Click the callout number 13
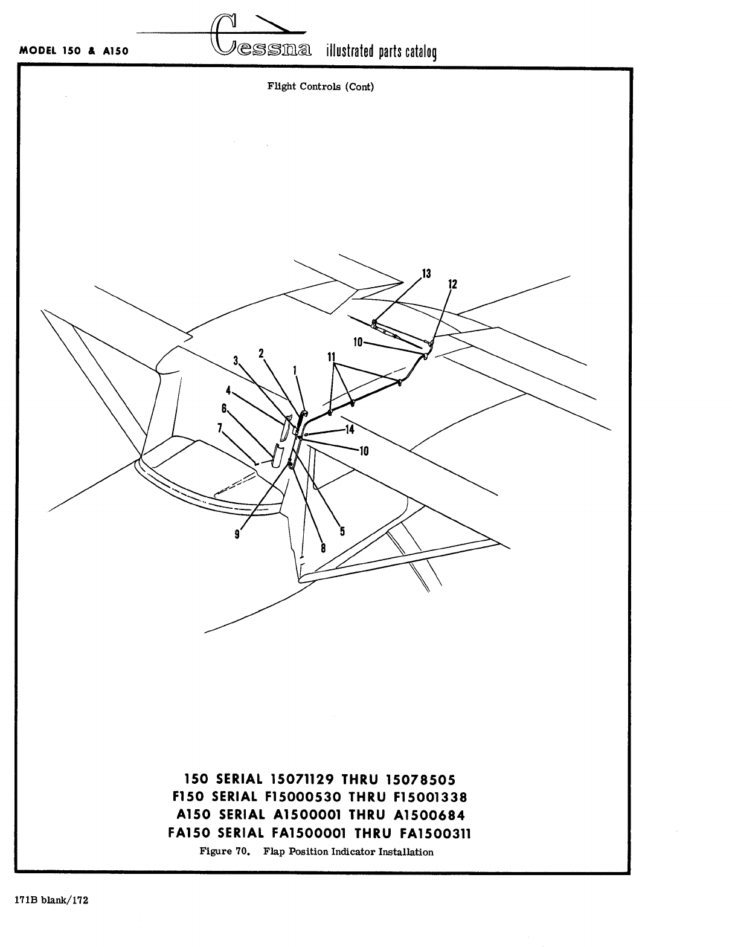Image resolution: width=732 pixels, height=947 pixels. tap(426, 274)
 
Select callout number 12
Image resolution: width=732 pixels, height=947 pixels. tap(453, 284)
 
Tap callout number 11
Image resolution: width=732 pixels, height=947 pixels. tap(332, 358)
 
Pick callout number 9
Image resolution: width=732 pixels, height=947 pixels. tap(237, 534)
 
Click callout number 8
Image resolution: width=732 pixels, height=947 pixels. tap(323, 548)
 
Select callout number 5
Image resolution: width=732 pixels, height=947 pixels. tap(342, 532)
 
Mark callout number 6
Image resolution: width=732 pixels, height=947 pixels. tap(224, 409)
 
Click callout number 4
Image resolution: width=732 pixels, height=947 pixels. tap(229, 390)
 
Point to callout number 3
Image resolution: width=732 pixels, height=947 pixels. tap(236, 361)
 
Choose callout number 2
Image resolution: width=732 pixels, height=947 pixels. tap(262, 353)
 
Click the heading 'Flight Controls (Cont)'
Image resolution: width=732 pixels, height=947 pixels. tap(321, 86)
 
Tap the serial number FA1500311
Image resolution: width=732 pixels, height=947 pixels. tap(435, 834)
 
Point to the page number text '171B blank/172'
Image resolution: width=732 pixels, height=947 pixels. tap(52, 900)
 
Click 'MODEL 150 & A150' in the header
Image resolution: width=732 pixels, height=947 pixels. tap(74, 51)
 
